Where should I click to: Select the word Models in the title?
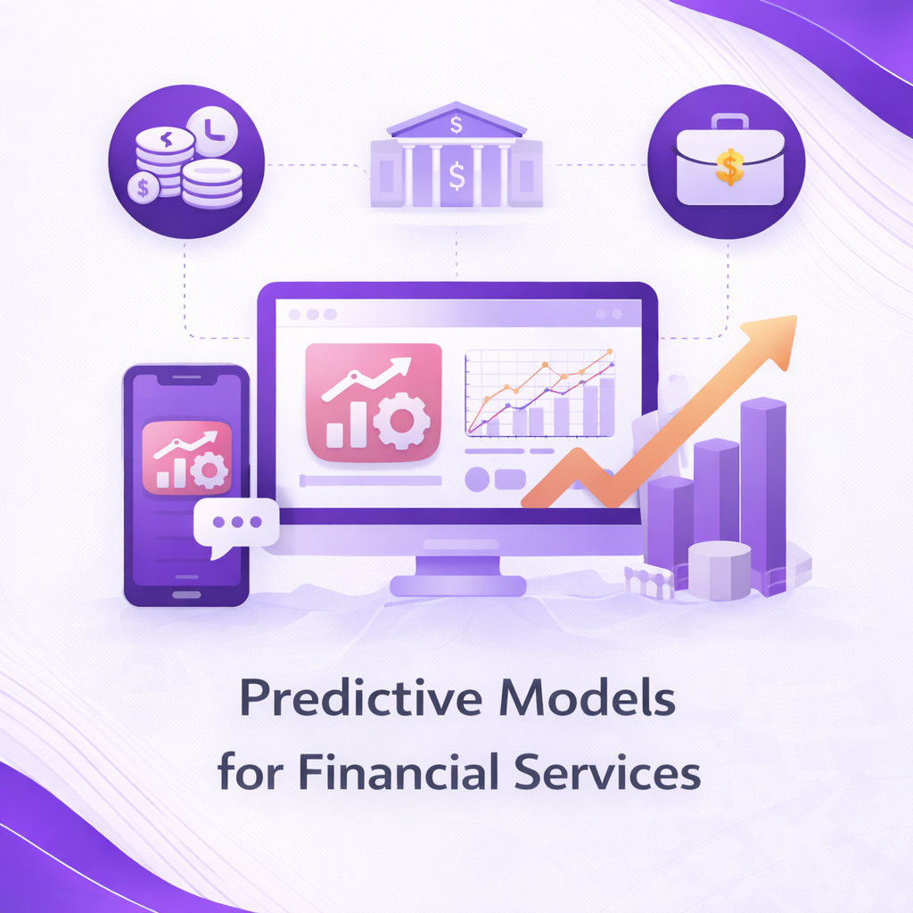pyautogui.click(x=588, y=697)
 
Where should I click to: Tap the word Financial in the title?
pyautogui.click(x=399, y=771)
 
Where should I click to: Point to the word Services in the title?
pyautogui.click(x=607, y=771)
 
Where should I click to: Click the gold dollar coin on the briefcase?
pyautogui.click(x=729, y=166)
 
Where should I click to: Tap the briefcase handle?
pyautogui.click(x=729, y=121)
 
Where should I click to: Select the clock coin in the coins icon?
pyautogui.click(x=212, y=130)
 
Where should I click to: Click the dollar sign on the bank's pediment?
pyautogui.click(x=456, y=124)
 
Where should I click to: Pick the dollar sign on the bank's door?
pyautogui.click(x=456, y=176)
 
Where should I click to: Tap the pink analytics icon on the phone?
pyautogui.click(x=187, y=457)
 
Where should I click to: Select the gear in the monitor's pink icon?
pyautogui.click(x=401, y=421)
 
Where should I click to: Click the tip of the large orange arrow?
pyautogui.click(x=795, y=317)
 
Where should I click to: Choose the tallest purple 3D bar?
pyautogui.click(x=763, y=495)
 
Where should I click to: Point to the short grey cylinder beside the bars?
pyautogui.click(x=720, y=570)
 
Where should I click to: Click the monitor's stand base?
pyautogui.click(x=457, y=586)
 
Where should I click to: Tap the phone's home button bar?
pyautogui.click(x=186, y=595)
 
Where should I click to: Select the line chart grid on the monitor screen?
pyautogui.click(x=539, y=393)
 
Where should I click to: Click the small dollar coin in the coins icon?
pyautogui.click(x=144, y=187)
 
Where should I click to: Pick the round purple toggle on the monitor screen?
pyautogui.click(x=477, y=479)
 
